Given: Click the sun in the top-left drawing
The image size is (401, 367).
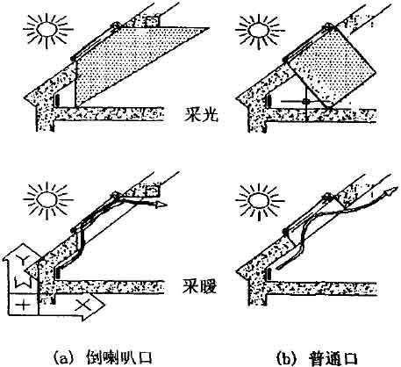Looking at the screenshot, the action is (47, 29).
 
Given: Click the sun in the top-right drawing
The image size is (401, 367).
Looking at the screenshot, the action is (258, 29).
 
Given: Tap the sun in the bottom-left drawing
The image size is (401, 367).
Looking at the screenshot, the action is (47, 200).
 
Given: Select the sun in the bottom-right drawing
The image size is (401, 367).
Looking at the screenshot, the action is (259, 200).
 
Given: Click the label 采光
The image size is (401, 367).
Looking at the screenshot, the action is (201, 116).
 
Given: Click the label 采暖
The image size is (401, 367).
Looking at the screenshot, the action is (200, 286).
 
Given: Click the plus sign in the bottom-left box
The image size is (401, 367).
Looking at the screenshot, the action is (24, 306).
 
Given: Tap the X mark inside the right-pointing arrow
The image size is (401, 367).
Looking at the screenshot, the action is (82, 306).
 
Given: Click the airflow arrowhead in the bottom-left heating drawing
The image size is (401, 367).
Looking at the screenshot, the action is (161, 205).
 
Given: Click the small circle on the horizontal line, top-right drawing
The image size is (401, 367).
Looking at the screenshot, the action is (306, 102).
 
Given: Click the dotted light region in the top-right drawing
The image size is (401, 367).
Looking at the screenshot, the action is (332, 67).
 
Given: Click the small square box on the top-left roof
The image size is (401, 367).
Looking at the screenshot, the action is (152, 21).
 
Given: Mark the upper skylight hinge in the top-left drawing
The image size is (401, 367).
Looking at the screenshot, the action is (116, 25).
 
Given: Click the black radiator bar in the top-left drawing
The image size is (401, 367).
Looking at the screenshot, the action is (58, 100).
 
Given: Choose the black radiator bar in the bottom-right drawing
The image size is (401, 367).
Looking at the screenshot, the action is (268, 275).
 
